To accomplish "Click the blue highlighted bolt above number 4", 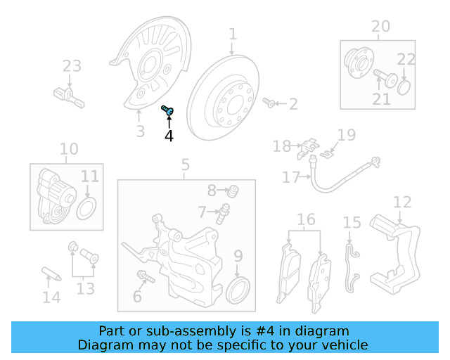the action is click(x=167, y=110).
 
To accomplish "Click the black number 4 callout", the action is click(x=169, y=136).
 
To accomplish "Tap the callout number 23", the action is click(x=72, y=65).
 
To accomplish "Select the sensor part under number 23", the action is click(x=69, y=96).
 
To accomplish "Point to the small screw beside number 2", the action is click(x=269, y=102).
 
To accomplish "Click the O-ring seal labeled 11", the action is click(x=86, y=208).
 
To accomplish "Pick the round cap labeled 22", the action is click(x=404, y=88).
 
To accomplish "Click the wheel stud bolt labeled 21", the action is click(x=385, y=77).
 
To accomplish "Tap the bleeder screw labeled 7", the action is click(x=223, y=214).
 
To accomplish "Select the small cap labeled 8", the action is click(x=233, y=191).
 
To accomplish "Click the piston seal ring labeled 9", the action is click(x=238, y=290).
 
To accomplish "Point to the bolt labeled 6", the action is click(x=146, y=276).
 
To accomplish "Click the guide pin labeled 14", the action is click(x=51, y=274).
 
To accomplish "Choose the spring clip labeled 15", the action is click(x=352, y=268).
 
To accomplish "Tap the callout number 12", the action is click(x=402, y=202).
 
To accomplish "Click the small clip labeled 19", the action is click(x=326, y=155).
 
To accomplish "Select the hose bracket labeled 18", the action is click(x=308, y=148).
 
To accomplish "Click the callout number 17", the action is click(x=290, y=177).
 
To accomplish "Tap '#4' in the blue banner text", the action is click(x=265, y=331).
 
